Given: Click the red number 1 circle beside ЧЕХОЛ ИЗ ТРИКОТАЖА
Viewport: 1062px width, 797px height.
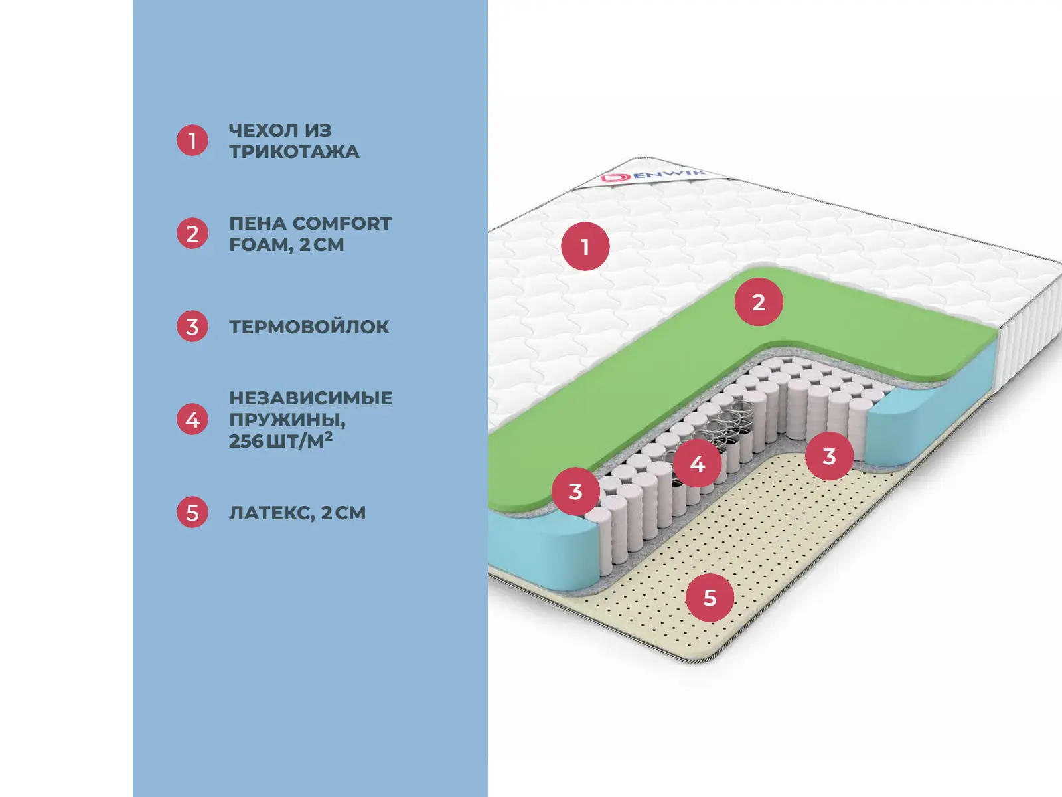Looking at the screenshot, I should pyautogui.click(x=192, y=141).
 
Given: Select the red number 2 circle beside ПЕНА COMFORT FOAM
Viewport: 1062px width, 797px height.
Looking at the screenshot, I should pyautogui.click(x=192, y=234).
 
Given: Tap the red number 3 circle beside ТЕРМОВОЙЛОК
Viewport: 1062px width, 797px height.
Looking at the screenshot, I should pyautogui.click(x=192, y=327).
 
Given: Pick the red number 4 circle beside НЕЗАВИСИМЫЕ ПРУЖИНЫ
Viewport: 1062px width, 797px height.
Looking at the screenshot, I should pyautogui.click(x=192, y=420).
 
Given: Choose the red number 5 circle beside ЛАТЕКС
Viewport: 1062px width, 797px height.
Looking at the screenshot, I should pyautogui.click(x=192, y=513).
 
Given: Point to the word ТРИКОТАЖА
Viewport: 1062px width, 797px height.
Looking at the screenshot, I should pyautogui.click(x=294, y=152).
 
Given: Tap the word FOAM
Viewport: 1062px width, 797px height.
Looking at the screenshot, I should pyautogui.click(x=260, y=245).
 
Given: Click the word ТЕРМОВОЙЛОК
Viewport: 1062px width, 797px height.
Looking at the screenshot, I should pyautogui.click(x=309, y=327).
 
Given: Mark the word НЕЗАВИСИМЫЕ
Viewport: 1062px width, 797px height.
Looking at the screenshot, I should pyautogui.click(x=311, y=398).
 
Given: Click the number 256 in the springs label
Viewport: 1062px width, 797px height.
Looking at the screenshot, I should pyautogui.click(x=246, y=441).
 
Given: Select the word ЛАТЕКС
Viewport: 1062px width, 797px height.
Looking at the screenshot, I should pyautogui.click(x=270, y=513).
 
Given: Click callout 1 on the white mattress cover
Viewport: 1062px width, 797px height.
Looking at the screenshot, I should pyautogui.click(x=585, y=247).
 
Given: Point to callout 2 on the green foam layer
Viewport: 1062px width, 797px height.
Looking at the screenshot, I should pyautogui.click(x=759, y=302).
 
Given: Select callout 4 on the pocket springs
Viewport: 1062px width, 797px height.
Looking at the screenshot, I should pyautogui.click(x=697, y=464).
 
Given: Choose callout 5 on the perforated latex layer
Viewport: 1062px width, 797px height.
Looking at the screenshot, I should pyautogui.click(x=710, y=598).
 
